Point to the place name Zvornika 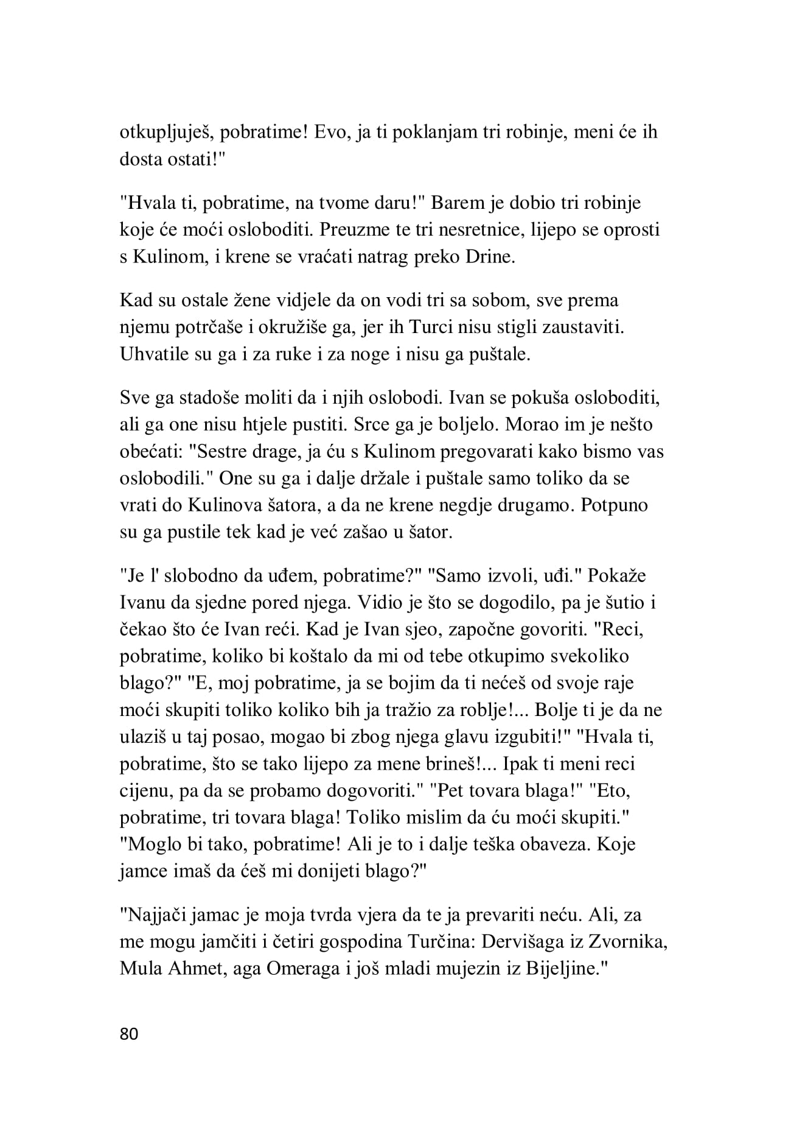point(634,942)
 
